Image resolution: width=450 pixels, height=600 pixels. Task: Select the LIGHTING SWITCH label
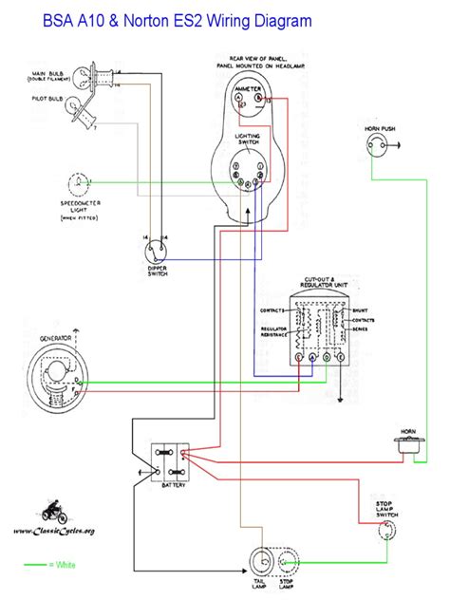click(250, 141)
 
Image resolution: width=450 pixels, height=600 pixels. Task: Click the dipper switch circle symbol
click(158, 250)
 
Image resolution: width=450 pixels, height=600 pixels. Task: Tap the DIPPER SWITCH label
click(158, 272)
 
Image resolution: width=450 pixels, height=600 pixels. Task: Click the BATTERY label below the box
click(171, 484)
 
